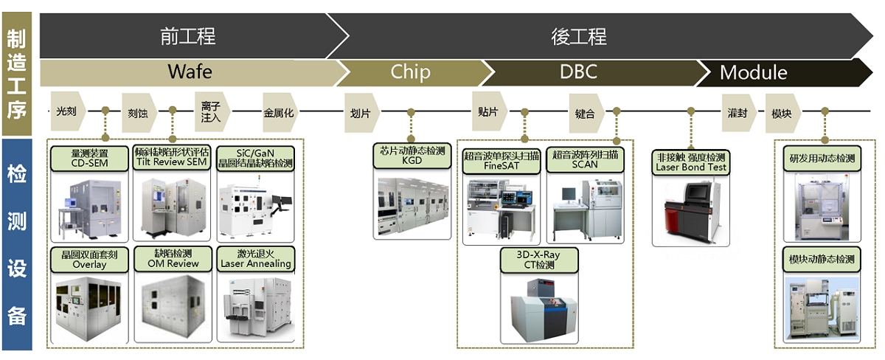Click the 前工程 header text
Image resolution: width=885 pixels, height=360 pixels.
[188, 35]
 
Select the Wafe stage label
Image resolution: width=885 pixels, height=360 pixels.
[190, 72]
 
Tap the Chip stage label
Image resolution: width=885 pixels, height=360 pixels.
[410, 72]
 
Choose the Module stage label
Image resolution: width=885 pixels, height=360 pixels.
[753, 72]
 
